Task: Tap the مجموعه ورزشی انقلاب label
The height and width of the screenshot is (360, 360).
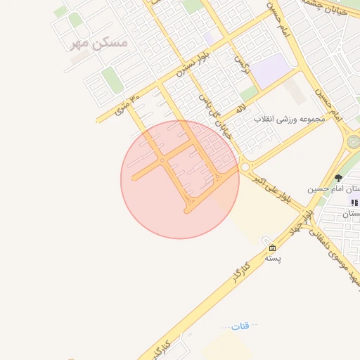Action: [x=291, y=119]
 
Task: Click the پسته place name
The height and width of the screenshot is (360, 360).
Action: [x=273, y=258]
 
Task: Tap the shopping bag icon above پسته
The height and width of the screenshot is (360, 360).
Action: [x=272, y=247]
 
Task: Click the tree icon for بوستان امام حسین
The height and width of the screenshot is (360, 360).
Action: [x=338, y=178]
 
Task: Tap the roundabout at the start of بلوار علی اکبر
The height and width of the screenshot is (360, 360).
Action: [x=245, y=167]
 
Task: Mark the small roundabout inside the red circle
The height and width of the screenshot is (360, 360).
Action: [x=163, y=161]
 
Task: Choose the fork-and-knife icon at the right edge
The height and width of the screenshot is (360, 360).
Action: [x=354, y=202]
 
